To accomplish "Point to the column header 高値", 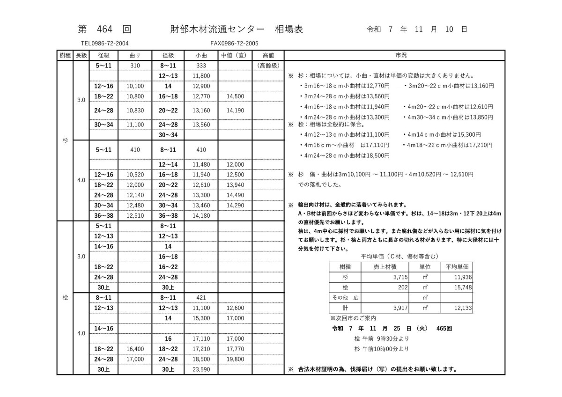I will point(268,55).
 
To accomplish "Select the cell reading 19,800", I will point(235,359).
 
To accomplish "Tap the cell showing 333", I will point(201,66).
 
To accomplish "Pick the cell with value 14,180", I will point(201,215).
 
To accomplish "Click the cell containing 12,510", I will point(135,215).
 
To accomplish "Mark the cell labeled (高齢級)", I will point(268,66).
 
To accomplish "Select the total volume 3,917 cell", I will point(399,308).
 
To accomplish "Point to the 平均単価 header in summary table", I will point(457,266).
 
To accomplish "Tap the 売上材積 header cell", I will point(385,266).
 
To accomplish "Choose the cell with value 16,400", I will point(135,349).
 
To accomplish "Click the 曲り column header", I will point(134,55).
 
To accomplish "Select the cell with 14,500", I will point(235,96).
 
